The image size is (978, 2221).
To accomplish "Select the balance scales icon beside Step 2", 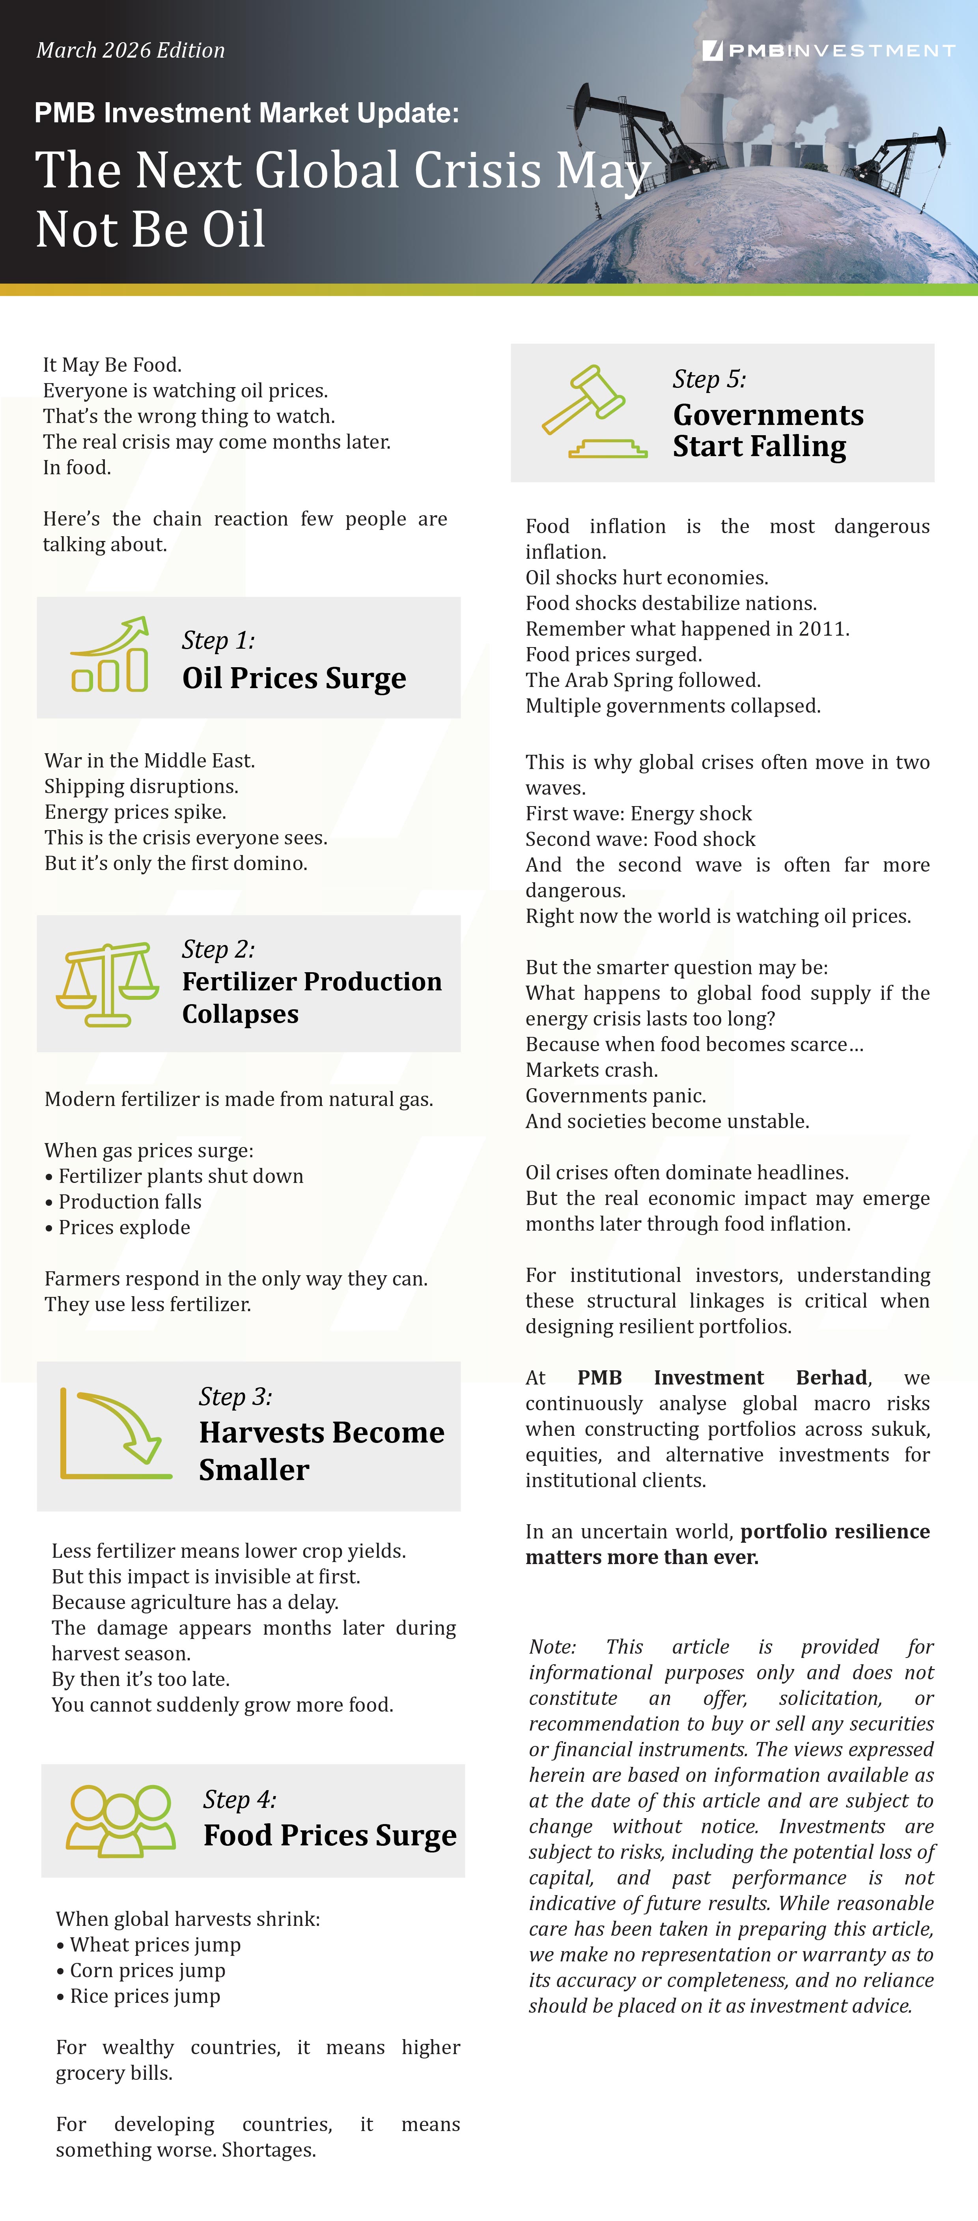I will pyautogui.click(x=107, y=984).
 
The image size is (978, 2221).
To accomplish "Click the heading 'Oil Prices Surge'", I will pyautogui.click(x=294, y=679).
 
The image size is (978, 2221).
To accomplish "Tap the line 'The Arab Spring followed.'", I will pyautogui.click(x=643, y=680).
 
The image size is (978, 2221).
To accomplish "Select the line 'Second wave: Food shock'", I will pyautogui.click(x=640, y=839).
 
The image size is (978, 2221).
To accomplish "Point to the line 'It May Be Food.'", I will pyautogui.click(x=112, y=365).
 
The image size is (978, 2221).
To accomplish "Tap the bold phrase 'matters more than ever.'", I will pyautogui.click(x=642, y=1557).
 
